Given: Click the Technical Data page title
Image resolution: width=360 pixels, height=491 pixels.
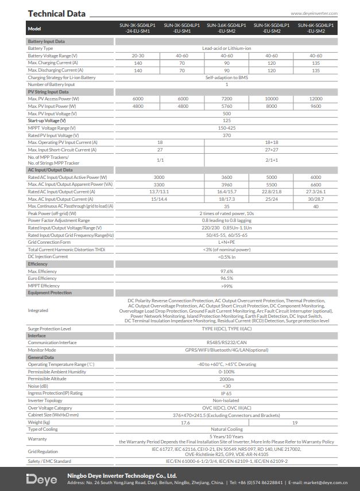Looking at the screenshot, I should coord(56,13).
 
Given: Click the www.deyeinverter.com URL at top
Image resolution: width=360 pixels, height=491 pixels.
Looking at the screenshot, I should coord(314,13).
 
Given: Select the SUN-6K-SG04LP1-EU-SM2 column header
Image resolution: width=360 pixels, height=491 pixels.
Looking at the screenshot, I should coord(316,28).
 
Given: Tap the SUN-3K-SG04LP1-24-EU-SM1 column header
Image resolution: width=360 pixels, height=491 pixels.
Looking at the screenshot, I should coord(138,28).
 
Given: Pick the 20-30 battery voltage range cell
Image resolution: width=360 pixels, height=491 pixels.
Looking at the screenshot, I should coord(138,56).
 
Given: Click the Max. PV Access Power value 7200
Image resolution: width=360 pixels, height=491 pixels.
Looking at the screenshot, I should coord(226,99).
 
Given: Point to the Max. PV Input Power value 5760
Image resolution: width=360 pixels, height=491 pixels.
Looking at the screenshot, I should coord(226,106).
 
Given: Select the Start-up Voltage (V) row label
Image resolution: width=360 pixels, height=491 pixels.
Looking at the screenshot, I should coord(47,120).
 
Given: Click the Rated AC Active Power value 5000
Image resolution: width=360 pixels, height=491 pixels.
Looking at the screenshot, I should coord(271,177).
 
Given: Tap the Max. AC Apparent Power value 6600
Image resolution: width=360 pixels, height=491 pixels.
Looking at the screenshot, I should coord(316,185).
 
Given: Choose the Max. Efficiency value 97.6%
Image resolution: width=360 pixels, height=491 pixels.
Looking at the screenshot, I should coord(226,271).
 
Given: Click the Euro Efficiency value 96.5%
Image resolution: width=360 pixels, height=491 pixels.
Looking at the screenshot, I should coord(226,278).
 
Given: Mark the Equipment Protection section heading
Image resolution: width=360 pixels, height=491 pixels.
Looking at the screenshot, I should coord(49,293).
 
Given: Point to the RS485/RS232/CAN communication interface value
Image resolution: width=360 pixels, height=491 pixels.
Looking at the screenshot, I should coord(226,342).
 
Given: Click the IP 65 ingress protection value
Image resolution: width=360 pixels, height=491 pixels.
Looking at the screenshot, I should coord(226,393).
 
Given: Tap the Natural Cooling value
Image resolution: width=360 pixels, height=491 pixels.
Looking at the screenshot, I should coord(226,429).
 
